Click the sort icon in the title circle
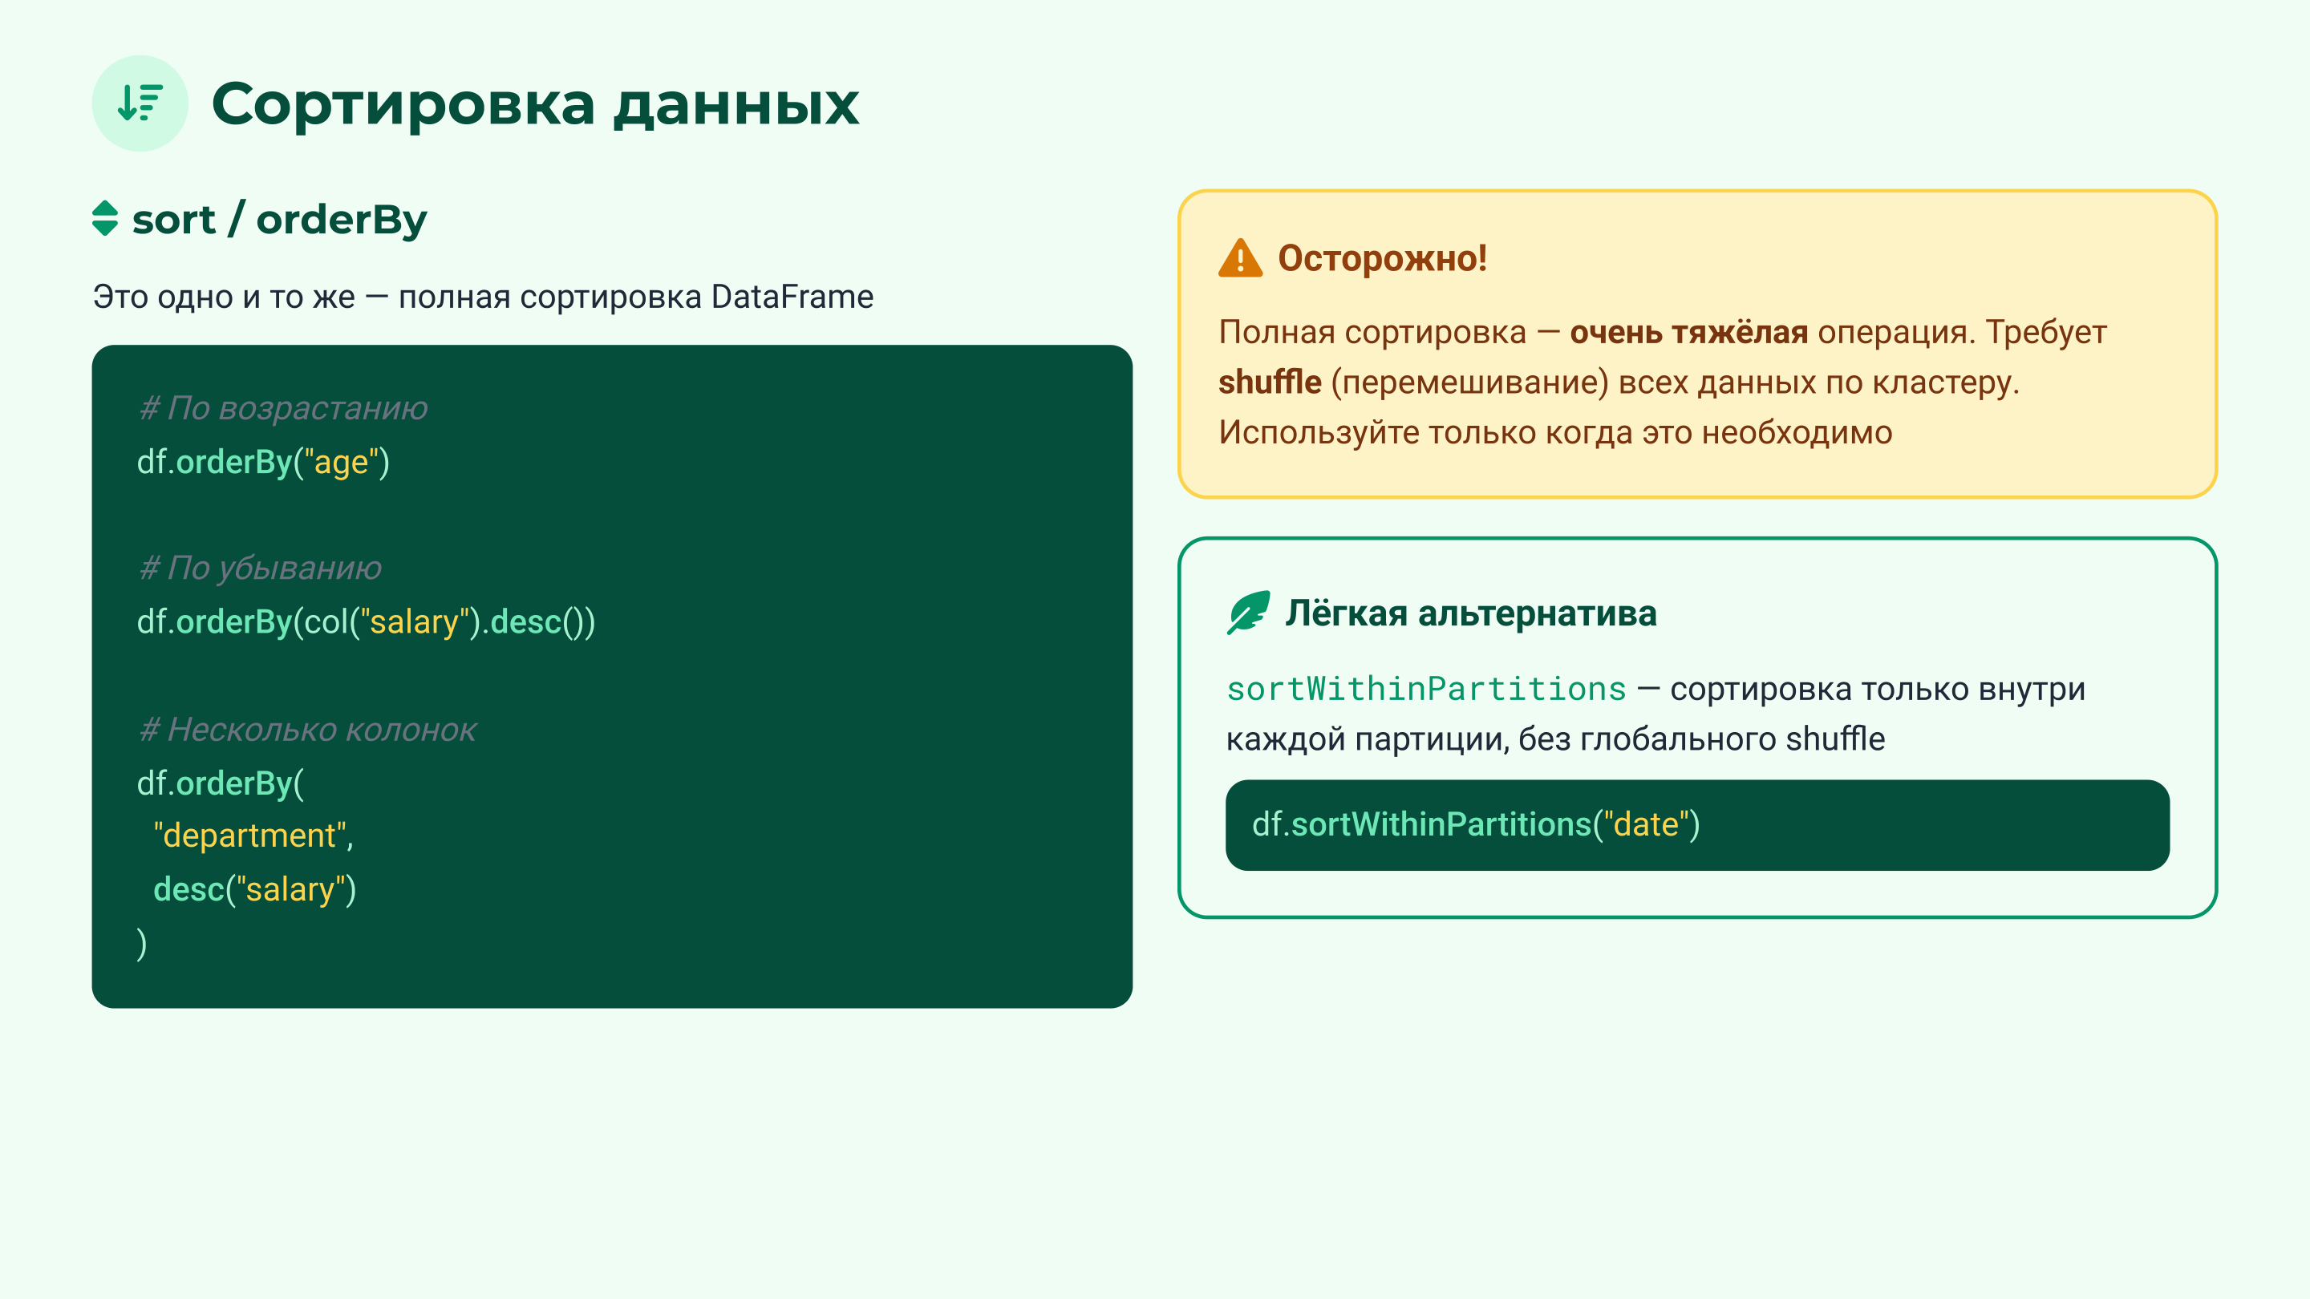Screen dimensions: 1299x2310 (x=140, y=103)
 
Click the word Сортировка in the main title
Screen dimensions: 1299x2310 (x=403, y=105)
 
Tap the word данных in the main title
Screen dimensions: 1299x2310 (x=736, y=105)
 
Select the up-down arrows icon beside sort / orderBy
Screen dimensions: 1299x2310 (x=105, y=219)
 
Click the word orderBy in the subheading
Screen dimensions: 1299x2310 (x=342, y=221)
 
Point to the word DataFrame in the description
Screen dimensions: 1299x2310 (x=792, y=297)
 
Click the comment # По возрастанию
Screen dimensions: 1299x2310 (x=283, y=408)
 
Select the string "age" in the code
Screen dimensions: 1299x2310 (x=342, y=463)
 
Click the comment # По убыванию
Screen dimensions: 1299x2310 (x=261, y=569)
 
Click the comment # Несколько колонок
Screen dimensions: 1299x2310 (x=307, y=730)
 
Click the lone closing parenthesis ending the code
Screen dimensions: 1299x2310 (x=142, y=943)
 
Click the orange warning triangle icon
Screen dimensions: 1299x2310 (x=1240, y=259)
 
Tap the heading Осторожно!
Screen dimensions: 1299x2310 (x=1382, y=258)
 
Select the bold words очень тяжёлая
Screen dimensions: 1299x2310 (x=1688, y=333)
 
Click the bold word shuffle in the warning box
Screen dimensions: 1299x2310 (x=1269, y=382)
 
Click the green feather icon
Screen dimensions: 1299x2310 (x=1248, y=613)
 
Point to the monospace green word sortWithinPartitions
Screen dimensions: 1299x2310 (x=1426, y=690)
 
